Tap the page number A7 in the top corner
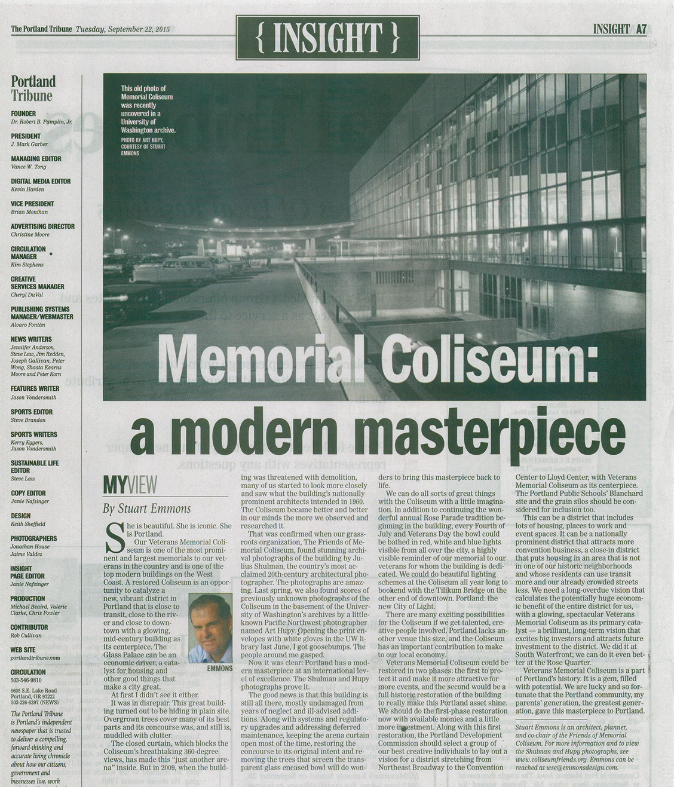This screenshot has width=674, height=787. point(641,29)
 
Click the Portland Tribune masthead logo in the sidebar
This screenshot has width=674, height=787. point(33,88)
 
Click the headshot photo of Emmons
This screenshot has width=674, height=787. point(210,628)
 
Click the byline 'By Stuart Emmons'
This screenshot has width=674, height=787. point(147,509)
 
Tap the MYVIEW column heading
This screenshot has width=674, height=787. point(130,486)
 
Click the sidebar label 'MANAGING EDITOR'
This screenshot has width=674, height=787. point(36,158)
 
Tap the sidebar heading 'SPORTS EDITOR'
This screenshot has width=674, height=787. point(32,412)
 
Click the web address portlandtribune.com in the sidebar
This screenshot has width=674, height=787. point(35,657)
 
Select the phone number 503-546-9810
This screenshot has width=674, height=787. point(26,680)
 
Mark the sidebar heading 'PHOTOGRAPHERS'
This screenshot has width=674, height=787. point(34,538)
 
